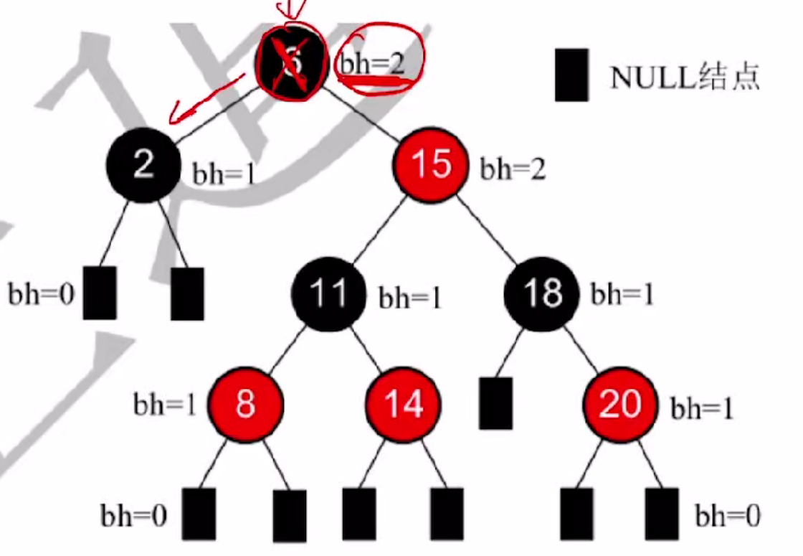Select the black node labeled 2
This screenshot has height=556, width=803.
click(143, 164)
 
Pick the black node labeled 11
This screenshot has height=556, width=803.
click(328, 295)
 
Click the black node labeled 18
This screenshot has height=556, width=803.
click(541, 295)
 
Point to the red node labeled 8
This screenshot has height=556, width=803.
click(246, 405)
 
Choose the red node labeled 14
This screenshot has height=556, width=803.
click(404, 405)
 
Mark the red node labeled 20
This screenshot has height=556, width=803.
click(619, 405)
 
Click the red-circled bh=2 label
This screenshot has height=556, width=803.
click(373, 63)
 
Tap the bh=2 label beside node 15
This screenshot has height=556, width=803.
click(513, 170)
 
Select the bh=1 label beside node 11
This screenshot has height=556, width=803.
click(410, 298)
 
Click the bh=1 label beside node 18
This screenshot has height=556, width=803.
click(622, 294)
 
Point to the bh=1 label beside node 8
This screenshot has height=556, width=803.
click(165, 405)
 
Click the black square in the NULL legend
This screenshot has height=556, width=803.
click(571, 75)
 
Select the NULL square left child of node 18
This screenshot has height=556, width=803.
click(495, 402)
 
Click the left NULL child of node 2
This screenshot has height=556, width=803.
click(100, 293)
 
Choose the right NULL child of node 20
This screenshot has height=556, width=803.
click(661, 514)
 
